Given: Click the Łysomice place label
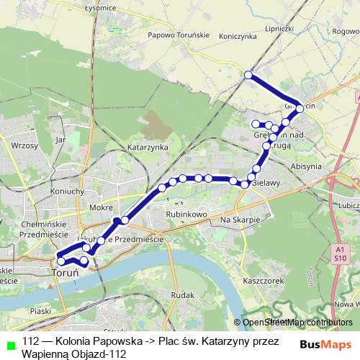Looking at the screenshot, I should (101, 7).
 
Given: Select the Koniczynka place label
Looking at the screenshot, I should (238, 35).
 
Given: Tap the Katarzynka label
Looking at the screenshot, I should (147, 147).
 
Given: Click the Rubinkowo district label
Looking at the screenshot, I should (186, 215).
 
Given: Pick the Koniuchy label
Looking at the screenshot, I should (68, 192).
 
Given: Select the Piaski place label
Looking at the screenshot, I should (42, 311).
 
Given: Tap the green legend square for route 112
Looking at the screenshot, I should (9, 343).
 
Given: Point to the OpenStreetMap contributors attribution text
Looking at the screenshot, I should (297, 322).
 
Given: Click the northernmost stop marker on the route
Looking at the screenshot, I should (248, 75).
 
